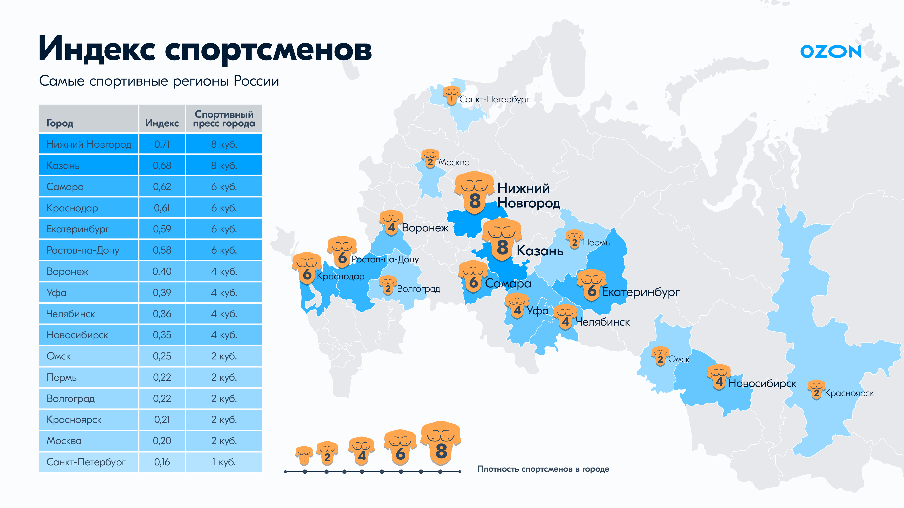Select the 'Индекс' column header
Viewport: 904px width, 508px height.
click(x=162, y=123)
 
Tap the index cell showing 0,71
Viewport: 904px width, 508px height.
click(x=162, y=144)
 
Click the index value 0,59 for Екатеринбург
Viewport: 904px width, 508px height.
click(x=162, y=229)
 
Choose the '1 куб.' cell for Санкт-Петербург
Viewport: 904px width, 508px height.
click(x=224, y=462)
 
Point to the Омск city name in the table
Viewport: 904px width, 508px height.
click(x=59, y=356)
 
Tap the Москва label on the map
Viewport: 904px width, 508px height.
click(x=454, y=162)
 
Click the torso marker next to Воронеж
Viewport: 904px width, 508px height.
click(x=391, y=223)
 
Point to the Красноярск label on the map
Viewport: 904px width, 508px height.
click(x=849, y=393)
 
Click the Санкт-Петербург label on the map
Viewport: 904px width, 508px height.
click(x=494, y=100)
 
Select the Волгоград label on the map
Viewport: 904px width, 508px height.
click(x=418, y=289)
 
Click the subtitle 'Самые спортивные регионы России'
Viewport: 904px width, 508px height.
click(x=159, y=81)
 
